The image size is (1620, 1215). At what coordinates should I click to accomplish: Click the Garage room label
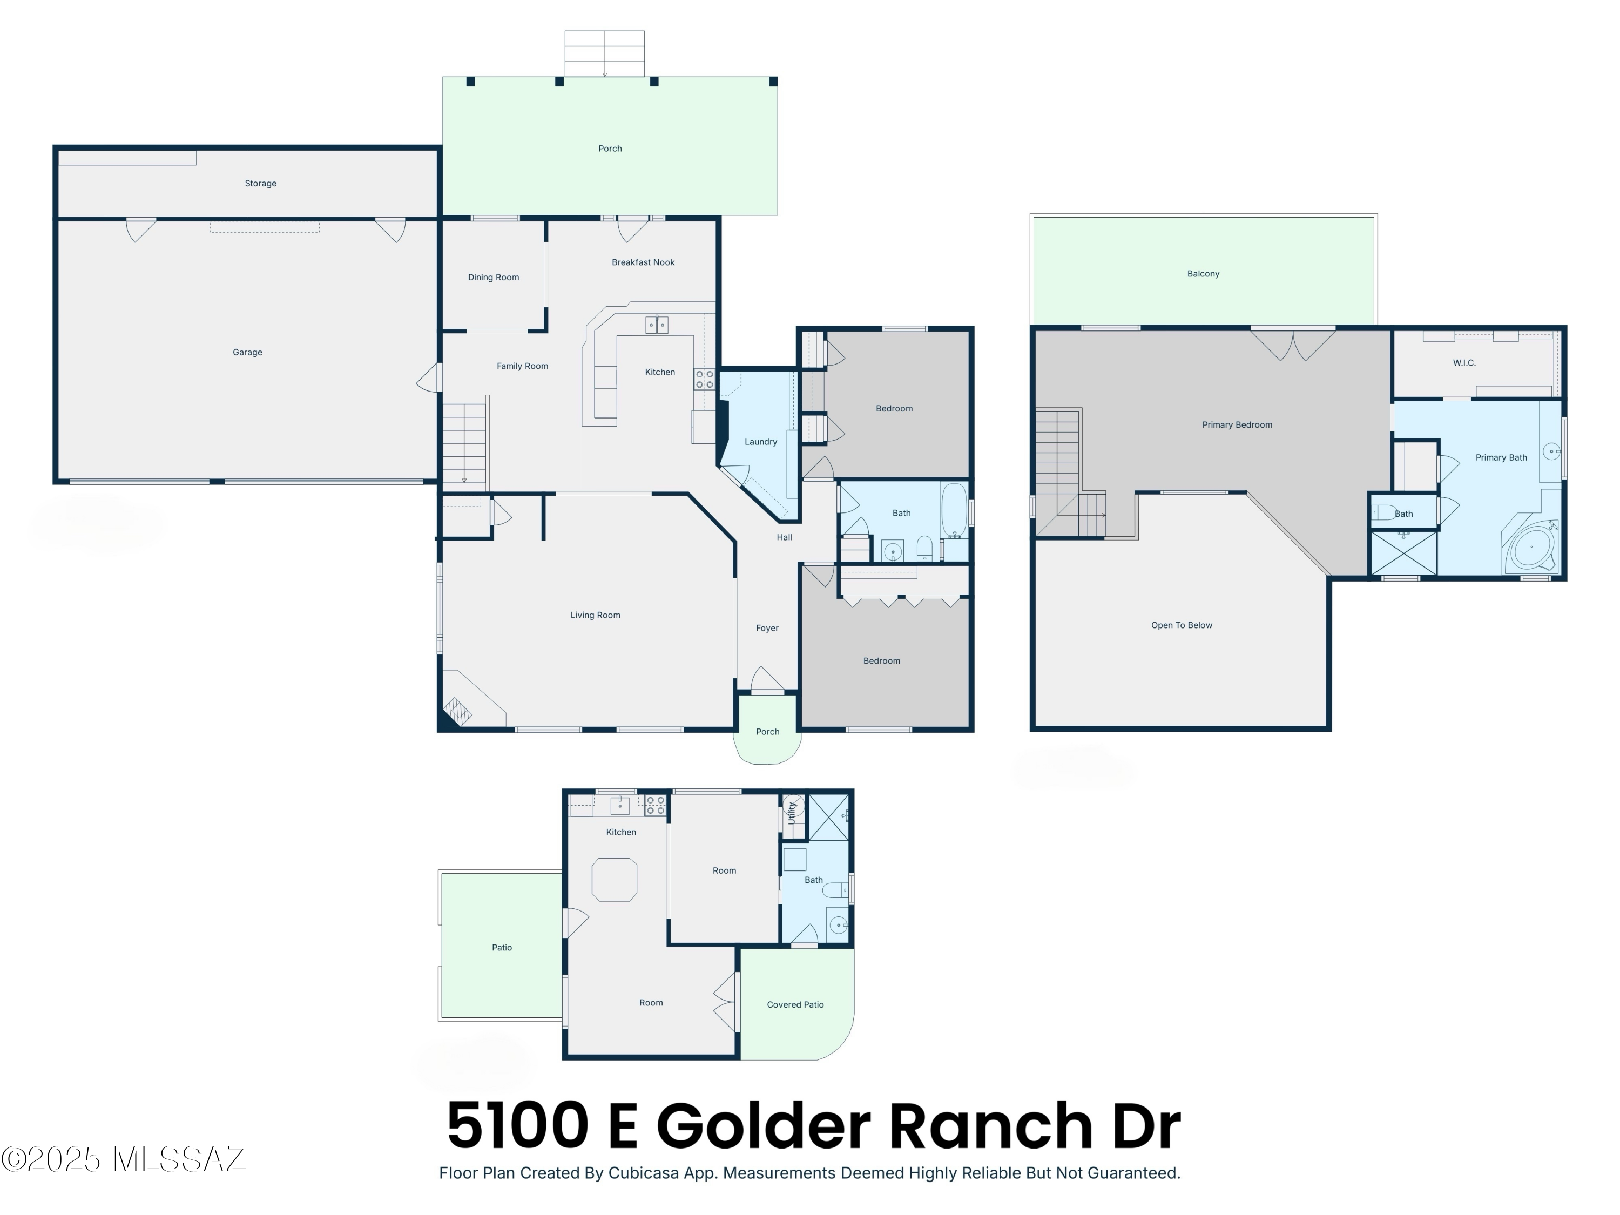[x=247, y=352]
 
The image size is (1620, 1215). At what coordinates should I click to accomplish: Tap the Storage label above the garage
[x=261, y=184]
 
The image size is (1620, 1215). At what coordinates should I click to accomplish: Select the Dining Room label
[x=494, y=278]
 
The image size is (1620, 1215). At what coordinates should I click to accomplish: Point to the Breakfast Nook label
[x=643, y=262]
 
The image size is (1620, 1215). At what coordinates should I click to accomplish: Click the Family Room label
[x=522, y=366]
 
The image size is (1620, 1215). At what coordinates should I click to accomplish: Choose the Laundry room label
[x=761, y=442]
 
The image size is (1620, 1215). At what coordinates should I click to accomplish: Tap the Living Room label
[x=596, y=615]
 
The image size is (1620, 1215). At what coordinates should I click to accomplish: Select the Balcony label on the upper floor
[x=1203, y=274]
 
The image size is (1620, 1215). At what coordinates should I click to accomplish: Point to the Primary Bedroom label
[x=1237, y=425]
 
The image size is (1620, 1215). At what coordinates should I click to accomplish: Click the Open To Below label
[x=1182, y=625]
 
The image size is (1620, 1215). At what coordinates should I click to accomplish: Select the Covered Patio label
[x=795, y=1005]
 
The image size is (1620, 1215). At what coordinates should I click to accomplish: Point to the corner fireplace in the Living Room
[x=458, y=711]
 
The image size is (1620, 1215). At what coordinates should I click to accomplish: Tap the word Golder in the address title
[x=768, y=1126]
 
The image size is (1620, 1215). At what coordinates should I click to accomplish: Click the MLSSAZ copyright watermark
[x=123, y=1159]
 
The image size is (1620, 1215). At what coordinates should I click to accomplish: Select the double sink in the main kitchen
[x=657, y=325]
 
